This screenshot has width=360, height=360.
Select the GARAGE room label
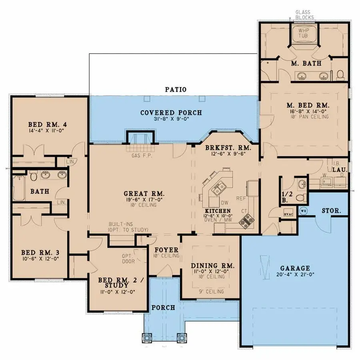click(x=295, y=268)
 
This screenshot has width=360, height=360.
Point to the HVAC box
click(x=288, y=213)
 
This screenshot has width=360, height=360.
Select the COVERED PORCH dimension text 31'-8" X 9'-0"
click(x=171, y=119)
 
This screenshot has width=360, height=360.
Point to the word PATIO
click(x=176, y=90)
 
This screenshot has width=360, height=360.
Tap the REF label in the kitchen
click(x=241, y=197)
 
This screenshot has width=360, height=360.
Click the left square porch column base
click(x=147, y=338)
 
